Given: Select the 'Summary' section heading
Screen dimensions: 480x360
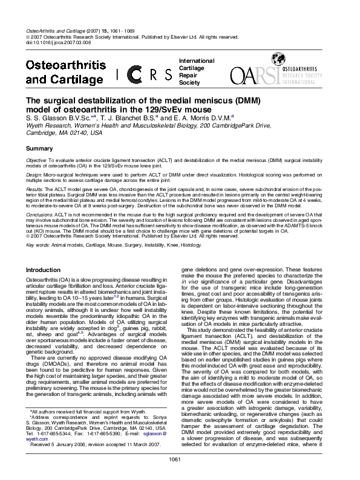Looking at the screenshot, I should click(x=39, y=148).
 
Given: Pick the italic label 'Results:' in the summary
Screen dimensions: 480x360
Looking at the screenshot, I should click(x=34, y=189).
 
